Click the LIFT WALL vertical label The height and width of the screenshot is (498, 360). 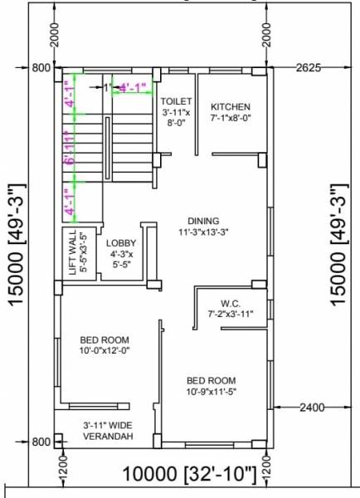74,253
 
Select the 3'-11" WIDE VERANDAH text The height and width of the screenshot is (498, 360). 108,431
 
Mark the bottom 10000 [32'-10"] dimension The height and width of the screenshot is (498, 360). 189,475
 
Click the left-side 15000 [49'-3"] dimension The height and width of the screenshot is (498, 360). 20,246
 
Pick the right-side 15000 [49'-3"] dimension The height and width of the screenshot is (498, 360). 338,246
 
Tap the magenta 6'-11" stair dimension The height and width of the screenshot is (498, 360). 70,152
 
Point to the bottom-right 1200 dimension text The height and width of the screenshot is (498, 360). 267,470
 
